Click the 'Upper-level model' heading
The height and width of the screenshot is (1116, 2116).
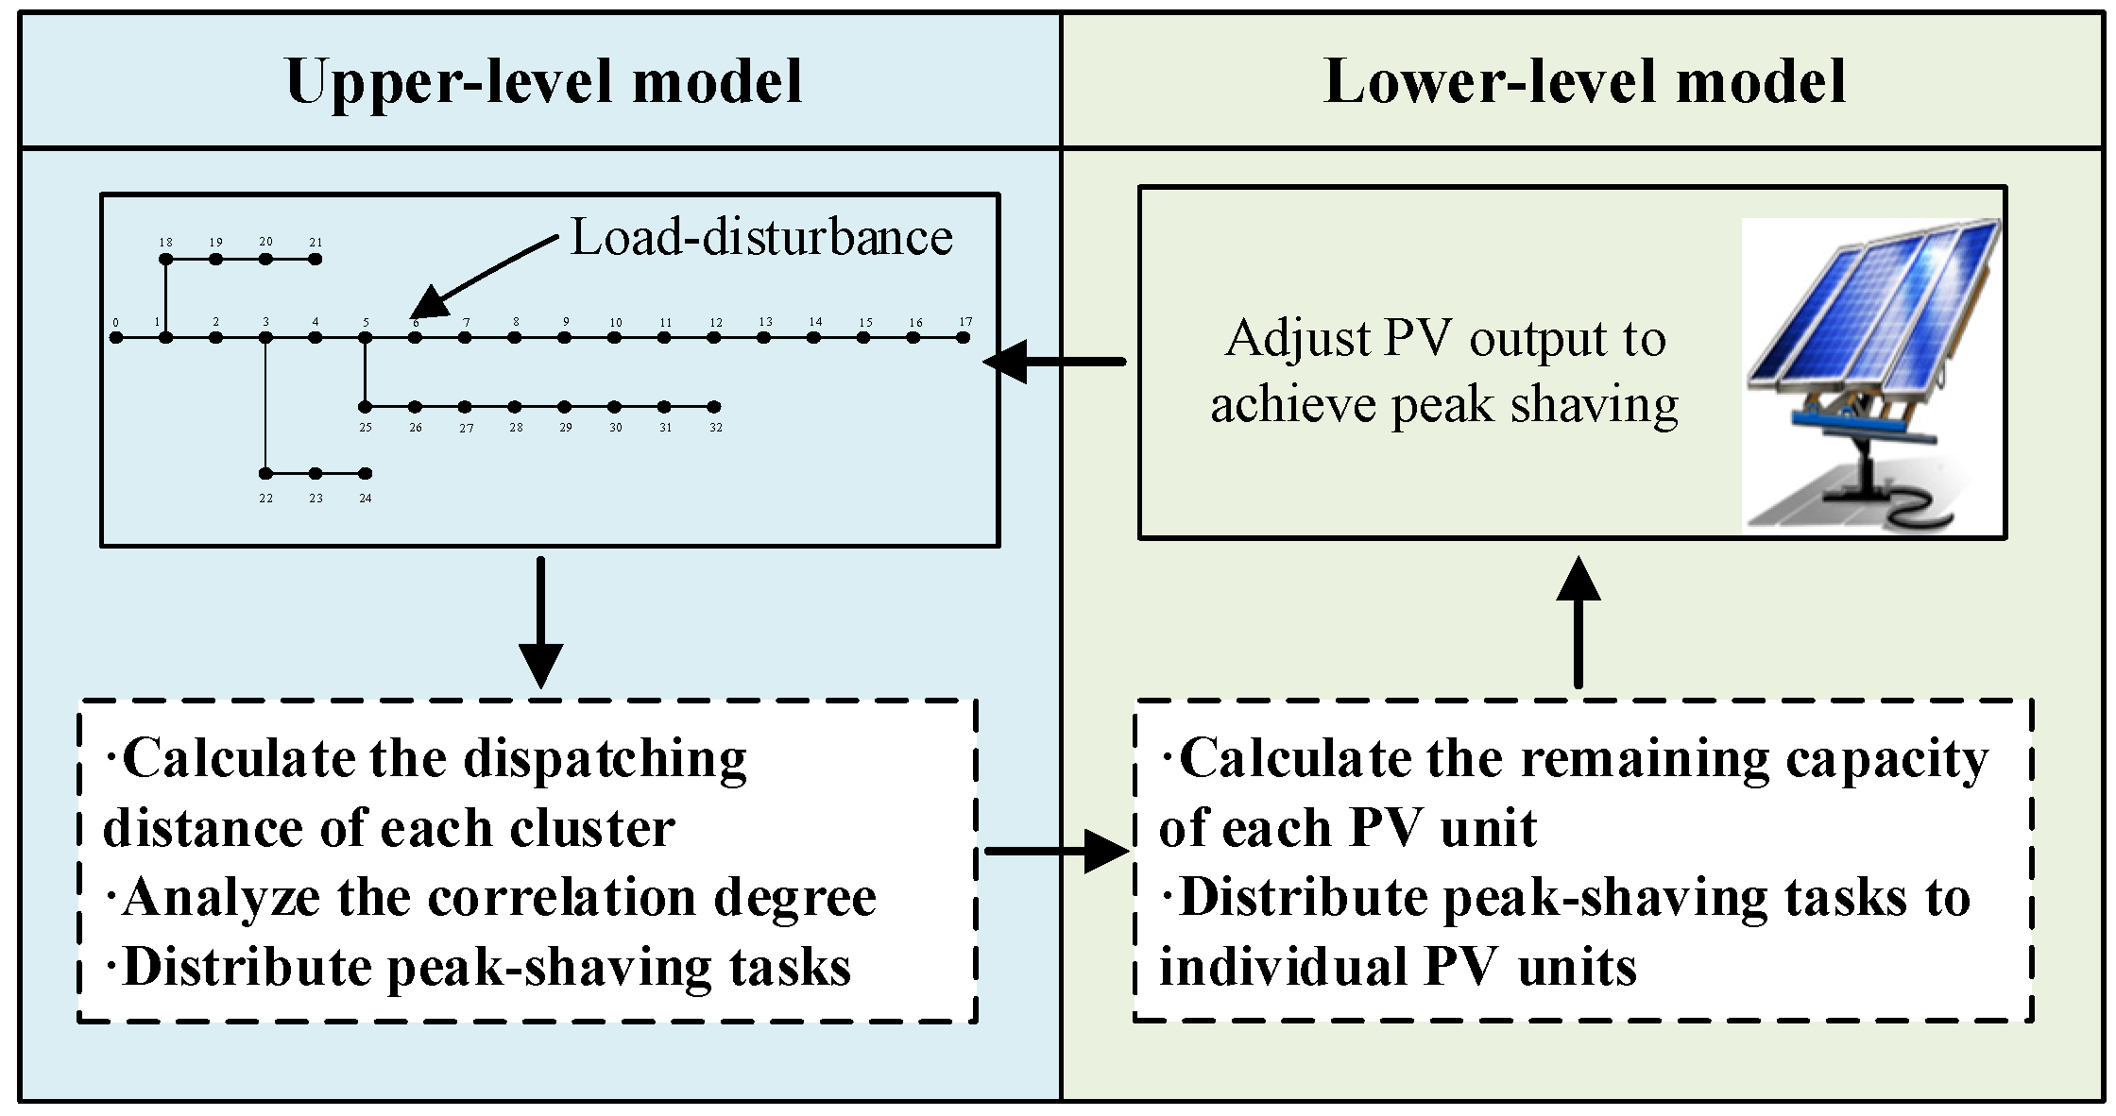pyautogui.click(x=543, y=81)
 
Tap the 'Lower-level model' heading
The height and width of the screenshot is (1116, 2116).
pyautogui.click(x=1585, y=81)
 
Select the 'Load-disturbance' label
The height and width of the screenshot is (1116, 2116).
pyautogui.click(x=761, y=237)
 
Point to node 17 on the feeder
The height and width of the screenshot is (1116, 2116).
pyautogui.click(x=963, y=337)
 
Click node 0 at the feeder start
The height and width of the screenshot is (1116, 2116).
pyautogui.click(x=116, y=337)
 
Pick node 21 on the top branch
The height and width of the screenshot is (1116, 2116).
pyautogui.click(x=316, y=259)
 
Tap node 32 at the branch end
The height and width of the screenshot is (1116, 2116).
pyautogui.click(x=715, y=407)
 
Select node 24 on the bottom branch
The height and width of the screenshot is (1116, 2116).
pyautogui.click(x=366, y=473)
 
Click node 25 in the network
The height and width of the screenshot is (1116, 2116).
pyautogui.click(x=366, y=407)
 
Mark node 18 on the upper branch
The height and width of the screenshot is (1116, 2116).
pyautogui.click(x=166, y=259)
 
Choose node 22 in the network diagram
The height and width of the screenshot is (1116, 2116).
pyautogui.click(x=266, y=473)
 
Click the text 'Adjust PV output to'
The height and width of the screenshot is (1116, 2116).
pyautogui.click(x=1445, y=338)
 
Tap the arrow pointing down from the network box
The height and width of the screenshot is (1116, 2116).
pyautogui.click(x=540, y=622)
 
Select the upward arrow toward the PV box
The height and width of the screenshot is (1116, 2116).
pyautogui.click(x=1578, y=622)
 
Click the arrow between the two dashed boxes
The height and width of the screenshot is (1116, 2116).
pyautogui.click(x=1057, y=851)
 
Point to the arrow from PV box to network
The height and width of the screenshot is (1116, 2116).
pyautogui.click(x=1054, y=361)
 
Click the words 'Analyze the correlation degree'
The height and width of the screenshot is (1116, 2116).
pyautogui.click(x=490, y=897)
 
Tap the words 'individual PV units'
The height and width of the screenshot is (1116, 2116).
pyautogui.click(x=1398, y=967)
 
